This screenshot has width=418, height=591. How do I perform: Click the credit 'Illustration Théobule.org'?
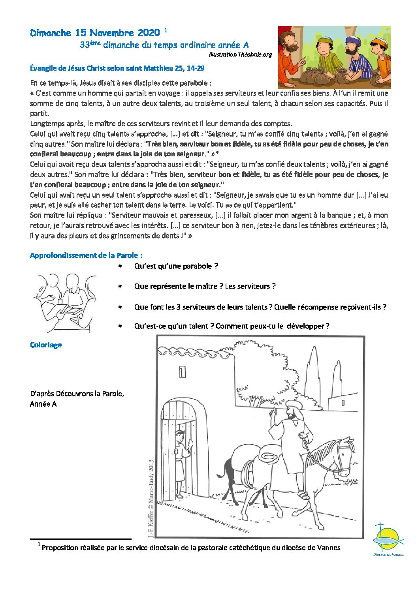(240, 54)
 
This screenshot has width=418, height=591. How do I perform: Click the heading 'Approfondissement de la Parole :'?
(86, 255)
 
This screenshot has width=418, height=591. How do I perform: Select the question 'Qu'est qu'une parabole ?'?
(176, 266)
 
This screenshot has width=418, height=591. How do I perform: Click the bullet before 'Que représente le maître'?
(120, 286)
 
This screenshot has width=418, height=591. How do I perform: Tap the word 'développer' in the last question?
(305, 326)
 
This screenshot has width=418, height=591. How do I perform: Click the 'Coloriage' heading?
(46, 345)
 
